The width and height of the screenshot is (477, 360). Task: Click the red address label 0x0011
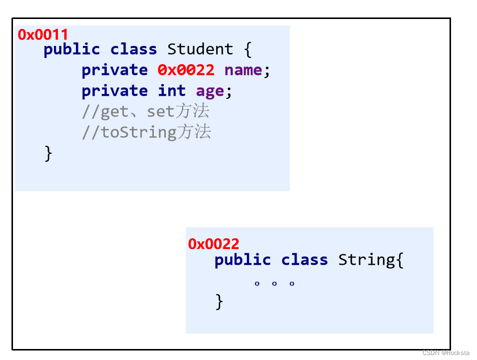pos(43,34)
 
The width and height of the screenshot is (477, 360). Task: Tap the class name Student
pos(200,49)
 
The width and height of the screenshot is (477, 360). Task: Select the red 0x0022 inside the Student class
pos(186,70)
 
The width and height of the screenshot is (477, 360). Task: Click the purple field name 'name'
pos(243,70)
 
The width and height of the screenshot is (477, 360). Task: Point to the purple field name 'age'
pos(210,91)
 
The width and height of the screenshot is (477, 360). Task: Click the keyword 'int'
pos(172,91)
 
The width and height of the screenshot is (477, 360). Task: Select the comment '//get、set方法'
pos(145,112)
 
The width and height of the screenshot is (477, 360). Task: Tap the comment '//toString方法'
pos(146,132)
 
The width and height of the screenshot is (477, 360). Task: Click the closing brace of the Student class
pos(48,153)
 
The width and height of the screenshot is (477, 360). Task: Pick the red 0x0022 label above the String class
pos(214,244)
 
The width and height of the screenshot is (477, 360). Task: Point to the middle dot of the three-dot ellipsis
pos(274,284)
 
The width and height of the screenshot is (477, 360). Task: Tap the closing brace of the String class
pos(219,302)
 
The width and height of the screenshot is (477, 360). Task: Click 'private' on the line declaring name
pos(114,70)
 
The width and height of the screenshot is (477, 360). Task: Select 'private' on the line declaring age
pos(114,91)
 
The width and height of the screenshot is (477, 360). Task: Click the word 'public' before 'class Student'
pos(71,49)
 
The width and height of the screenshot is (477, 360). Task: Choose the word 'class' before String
pos(304,260)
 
